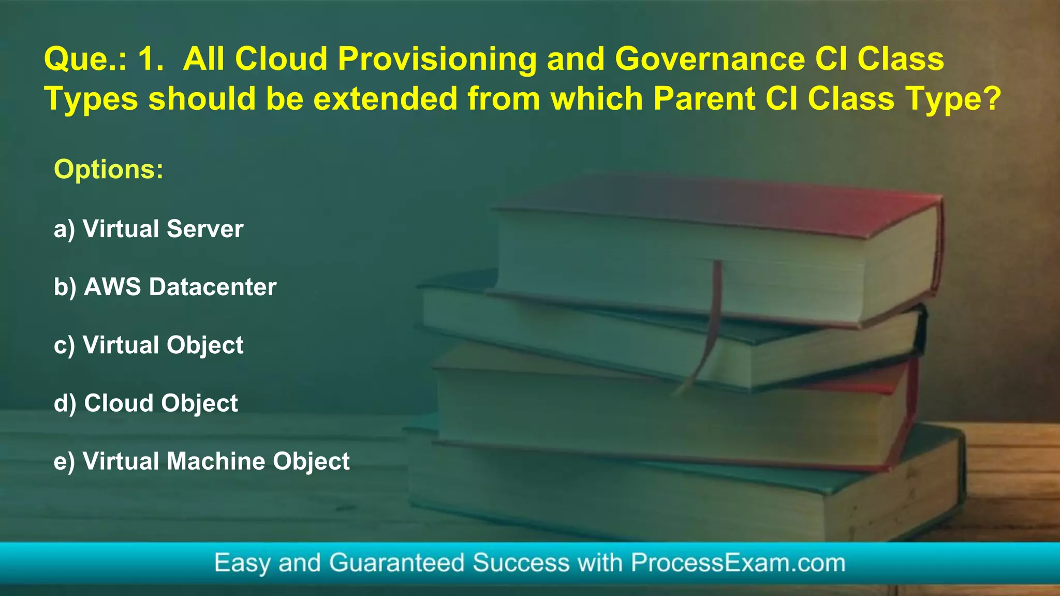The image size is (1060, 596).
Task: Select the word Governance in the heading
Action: (710, 59)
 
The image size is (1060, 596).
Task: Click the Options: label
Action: (109, 169)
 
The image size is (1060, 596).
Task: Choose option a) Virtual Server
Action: (148, 229)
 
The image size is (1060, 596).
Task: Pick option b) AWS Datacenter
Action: (165, 287)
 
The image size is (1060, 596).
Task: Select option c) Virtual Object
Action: (148, 345)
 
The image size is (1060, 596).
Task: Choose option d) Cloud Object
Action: (145, 403)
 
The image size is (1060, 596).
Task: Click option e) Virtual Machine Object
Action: (201, 461)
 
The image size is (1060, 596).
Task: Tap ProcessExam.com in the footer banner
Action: (738, 562)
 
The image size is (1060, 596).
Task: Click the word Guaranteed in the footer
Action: (396, 562)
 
